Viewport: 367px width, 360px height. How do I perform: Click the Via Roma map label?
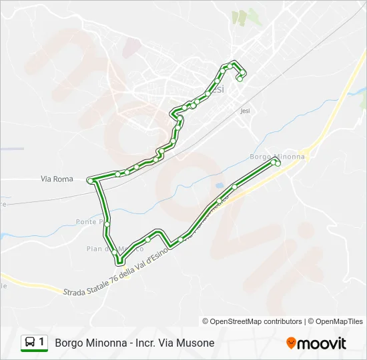point(57,179)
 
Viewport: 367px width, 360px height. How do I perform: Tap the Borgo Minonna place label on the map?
point(276,157)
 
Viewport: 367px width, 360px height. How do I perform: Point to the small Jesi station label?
point(244,112)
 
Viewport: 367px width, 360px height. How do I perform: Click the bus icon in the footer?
point(30,343)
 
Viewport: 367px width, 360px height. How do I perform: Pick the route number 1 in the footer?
point(42,343)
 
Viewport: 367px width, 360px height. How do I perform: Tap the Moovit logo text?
point(322,343)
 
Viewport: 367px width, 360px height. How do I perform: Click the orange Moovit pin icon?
point(291,343)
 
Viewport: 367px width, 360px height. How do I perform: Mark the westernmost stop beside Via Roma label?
point(90,180)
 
